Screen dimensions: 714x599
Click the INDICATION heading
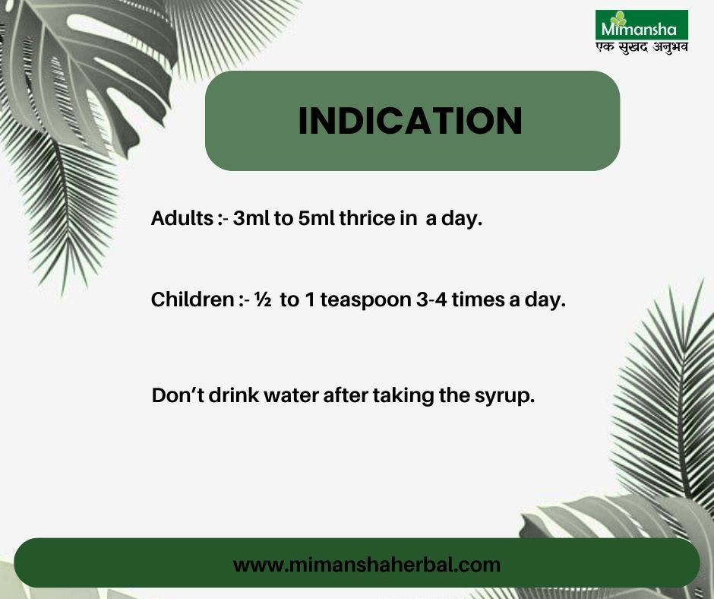tap(410, 121)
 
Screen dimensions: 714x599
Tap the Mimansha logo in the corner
tap(642, 24)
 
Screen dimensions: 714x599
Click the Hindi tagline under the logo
tap(642, 47)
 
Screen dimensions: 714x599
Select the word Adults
tap(182, 218)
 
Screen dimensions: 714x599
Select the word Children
tap(192, 299)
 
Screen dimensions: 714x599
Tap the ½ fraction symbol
tap(264, 299)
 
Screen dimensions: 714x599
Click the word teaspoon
tap(365, 301)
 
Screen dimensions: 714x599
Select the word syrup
tap(504, 397)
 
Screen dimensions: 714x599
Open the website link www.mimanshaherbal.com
tap(367, 565)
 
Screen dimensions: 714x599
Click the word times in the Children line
tap(478, 300)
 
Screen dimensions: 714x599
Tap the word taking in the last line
tap(403, 396)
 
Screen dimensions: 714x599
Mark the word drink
tap(234, 395)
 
